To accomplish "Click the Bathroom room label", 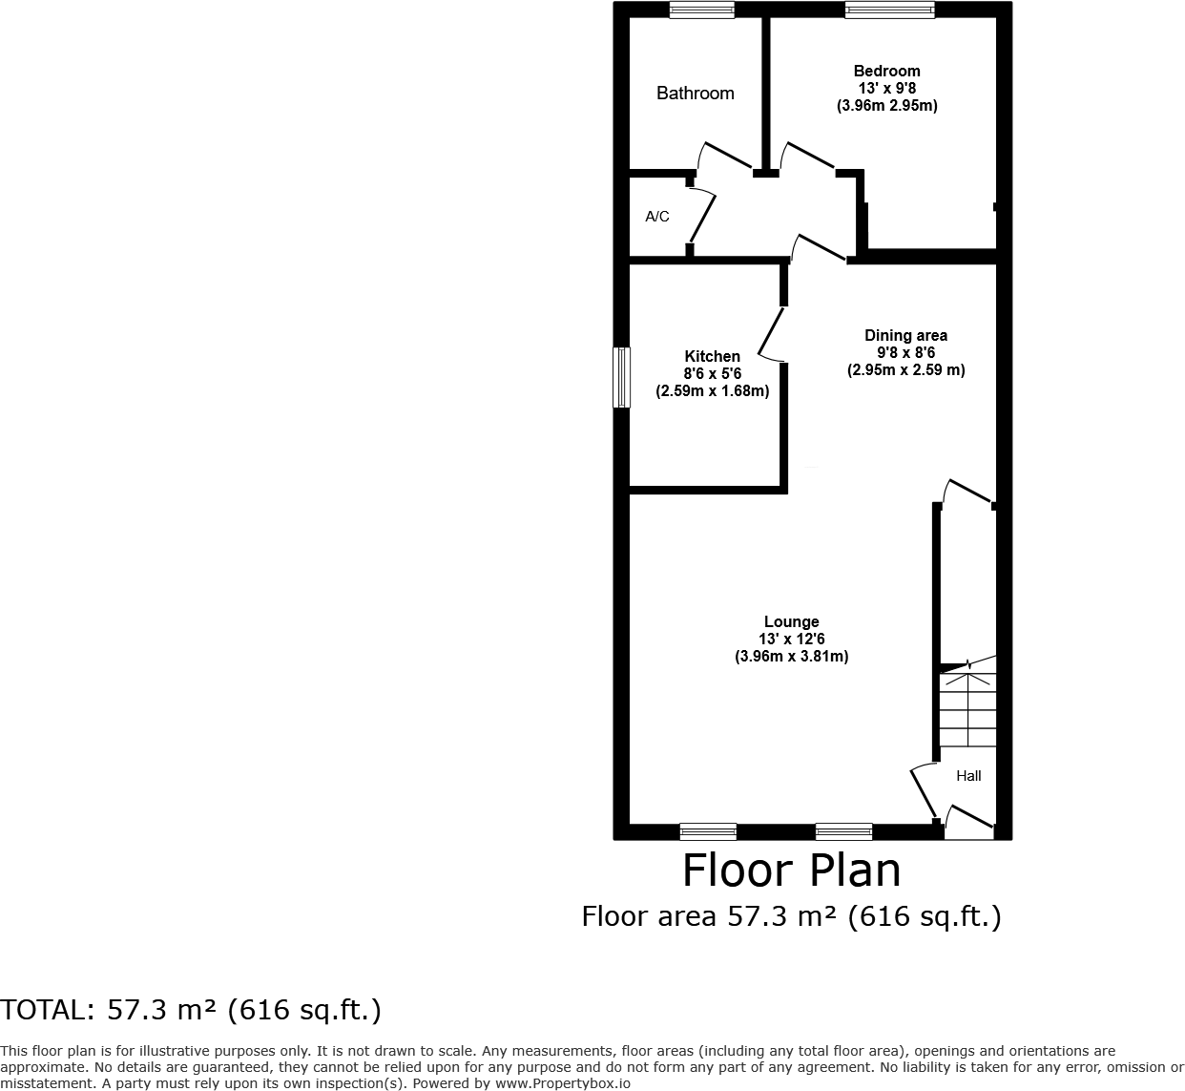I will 695,93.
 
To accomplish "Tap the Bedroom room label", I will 886,71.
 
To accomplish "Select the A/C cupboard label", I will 657,217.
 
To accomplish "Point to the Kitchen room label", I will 712,356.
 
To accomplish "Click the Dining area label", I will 905,335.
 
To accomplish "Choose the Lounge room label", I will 791,621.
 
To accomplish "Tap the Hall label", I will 968,776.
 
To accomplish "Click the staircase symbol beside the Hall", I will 967,708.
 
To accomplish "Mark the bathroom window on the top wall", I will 701,10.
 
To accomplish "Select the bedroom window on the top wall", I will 889,10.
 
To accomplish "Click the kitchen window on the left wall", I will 621,377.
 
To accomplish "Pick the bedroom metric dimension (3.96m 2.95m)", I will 886,106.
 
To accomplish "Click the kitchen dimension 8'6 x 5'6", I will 712,373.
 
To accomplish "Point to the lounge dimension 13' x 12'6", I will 791,639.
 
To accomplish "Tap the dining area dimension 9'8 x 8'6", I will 905,352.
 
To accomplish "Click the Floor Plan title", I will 791,871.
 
